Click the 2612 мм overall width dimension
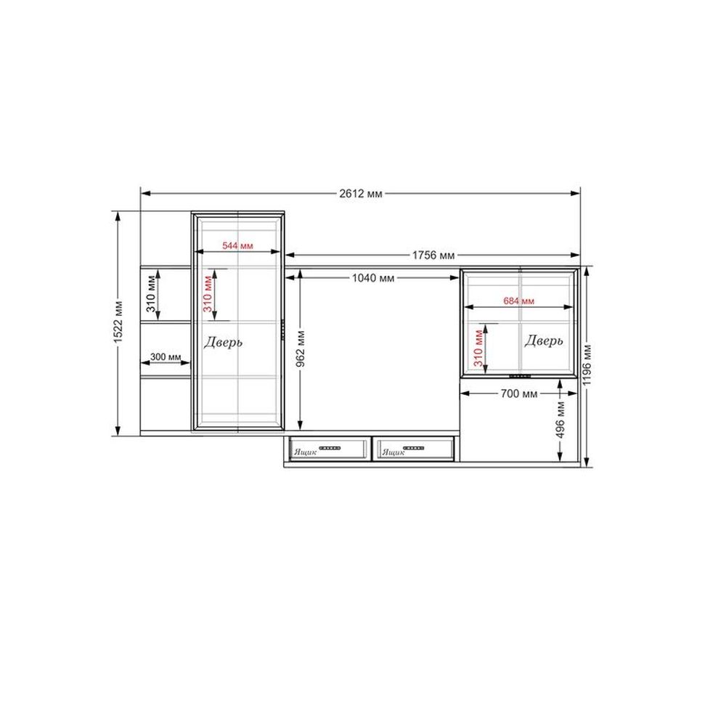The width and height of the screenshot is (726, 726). click(x=361, y=194)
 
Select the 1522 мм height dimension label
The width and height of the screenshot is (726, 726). click(x=118, y=322)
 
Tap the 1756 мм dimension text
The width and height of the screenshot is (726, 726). click(x=433, y=255)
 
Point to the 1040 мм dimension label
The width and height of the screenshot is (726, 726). click(x=373, y=278)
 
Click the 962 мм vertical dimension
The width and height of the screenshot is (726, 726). click(x=301, y=348)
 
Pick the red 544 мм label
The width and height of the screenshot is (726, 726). click(x=237, y=245)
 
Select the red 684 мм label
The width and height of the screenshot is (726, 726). click(x=518, y=301)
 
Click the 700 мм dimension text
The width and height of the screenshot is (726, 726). click(x=519, y=393)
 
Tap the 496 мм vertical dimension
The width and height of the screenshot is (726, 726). click(x=560, y=420)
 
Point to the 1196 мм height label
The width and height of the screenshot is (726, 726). click(x=587, y=364)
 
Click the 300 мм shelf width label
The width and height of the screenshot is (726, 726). click(x=166, y=357)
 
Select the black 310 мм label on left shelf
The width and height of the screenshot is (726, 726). click(x=151, y=294)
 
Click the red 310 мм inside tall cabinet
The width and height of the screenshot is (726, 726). click(x=208, y=294)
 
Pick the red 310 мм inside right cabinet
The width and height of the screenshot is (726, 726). click(x=478, y=348)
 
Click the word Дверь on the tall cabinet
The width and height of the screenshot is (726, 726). click(x=223, y=342)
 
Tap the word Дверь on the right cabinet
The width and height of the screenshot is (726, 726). click(x=544, y=340)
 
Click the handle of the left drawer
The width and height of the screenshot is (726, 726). click(x=330, y=448)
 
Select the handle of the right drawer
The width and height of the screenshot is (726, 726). click(x=414, y=448)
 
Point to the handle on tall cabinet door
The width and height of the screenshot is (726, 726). click(x=282, y=330)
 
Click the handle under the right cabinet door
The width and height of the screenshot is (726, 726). click(x=520, y=376)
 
